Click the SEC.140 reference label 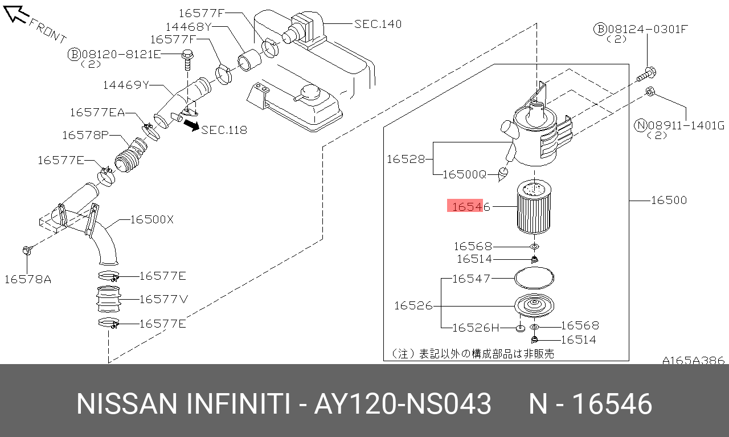tap(378, 24)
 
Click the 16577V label tap(163, 299)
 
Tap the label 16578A tap(27, 279)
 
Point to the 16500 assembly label tap(669, 200)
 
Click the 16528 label tap(406, 159)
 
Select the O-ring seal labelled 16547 tap(534, 278)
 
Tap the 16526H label tap(476, 328)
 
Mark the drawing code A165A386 tap(693, 360)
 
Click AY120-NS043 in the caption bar tap(403, 404)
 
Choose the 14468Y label tap(189, 26)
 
